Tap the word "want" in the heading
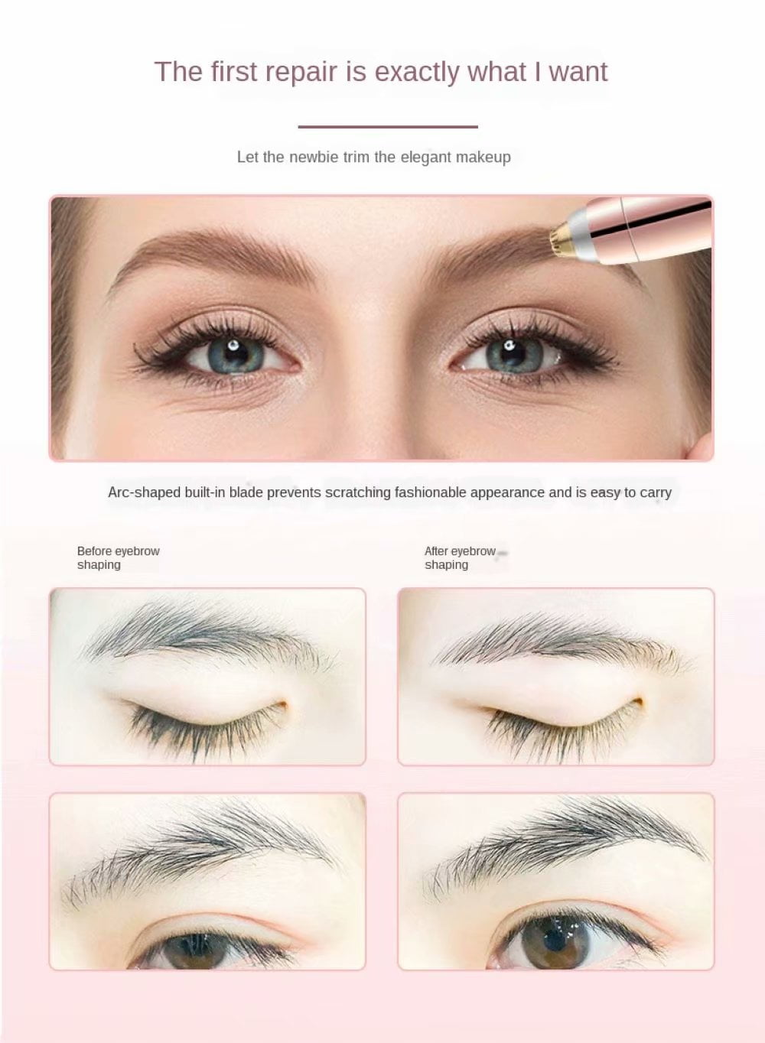click(578, 72)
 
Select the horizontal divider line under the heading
click(388, 127)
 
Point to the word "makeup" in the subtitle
click(483, 157)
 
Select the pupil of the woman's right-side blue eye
click(509, 353)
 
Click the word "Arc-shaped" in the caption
click(145, 492)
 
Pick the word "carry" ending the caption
click(656, 492)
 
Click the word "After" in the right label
click(438, 551)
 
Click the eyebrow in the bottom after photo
click(566, 841)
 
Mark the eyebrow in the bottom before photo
click(207, 849)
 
